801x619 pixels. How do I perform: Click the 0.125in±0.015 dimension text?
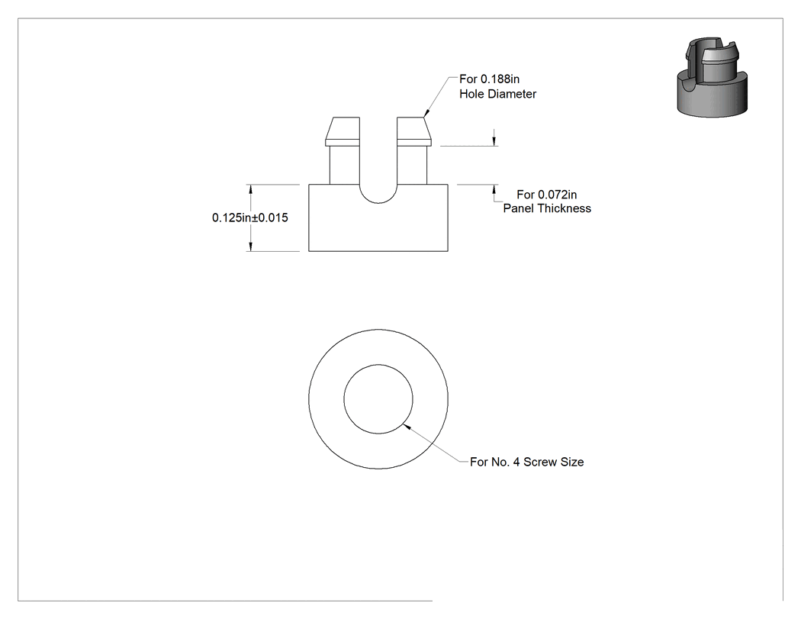pyautogui.click(x=249, y=218)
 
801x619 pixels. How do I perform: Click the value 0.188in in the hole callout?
pyautogui.click(x=500, y=79)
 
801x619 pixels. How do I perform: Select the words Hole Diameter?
pyautogui.click(x=497, y=94)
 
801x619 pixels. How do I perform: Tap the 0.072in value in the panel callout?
pyautogui.click(x=558, y=195)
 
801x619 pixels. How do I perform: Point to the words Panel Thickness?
pyautogui.click(x=547, y=208)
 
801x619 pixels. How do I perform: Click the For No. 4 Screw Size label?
pyautogui.click(x=526, y=462)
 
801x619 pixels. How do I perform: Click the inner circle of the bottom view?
pyautogui.click(x=378, y=364)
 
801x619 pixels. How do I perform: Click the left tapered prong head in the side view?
pyautogui.click(x=343, y=131)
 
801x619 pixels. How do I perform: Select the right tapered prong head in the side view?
pyautogui.click(x=413, y=131)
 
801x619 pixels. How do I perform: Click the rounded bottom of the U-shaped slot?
pyautogui.click(x=378, y=203)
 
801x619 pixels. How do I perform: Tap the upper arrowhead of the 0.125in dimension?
pyautogui.click(x=250, y=189)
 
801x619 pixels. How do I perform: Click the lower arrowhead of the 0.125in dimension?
pyautogui.click(x=250, y=247)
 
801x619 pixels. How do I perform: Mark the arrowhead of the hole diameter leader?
pyautogui.click(x=426, y=113)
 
